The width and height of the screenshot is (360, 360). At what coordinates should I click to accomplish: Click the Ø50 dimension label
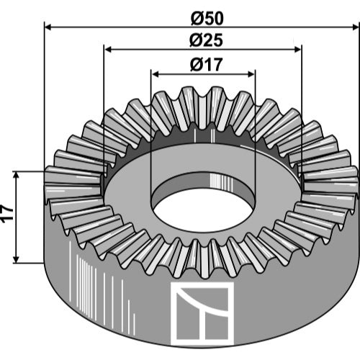207,19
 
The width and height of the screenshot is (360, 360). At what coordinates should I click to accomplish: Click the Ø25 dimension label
206,40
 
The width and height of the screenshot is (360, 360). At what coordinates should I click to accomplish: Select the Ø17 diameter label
207,65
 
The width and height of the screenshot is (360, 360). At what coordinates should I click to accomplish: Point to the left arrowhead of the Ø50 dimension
48,27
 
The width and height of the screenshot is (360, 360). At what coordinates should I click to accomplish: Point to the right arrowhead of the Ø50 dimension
355,27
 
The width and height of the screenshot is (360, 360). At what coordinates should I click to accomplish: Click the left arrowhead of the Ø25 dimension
108,50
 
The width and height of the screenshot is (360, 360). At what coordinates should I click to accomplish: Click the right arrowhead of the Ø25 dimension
297,50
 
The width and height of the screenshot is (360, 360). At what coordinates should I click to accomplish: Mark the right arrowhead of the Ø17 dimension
251,74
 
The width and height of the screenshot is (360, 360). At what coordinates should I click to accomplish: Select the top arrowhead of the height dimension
16,176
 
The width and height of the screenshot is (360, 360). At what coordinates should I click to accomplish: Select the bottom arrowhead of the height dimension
16,259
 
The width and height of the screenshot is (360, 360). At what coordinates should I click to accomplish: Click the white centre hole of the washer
203,210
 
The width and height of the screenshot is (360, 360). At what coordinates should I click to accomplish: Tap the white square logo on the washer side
202,314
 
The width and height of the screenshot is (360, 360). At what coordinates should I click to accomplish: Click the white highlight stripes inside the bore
221,181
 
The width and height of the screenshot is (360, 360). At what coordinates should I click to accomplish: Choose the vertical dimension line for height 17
16,217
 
